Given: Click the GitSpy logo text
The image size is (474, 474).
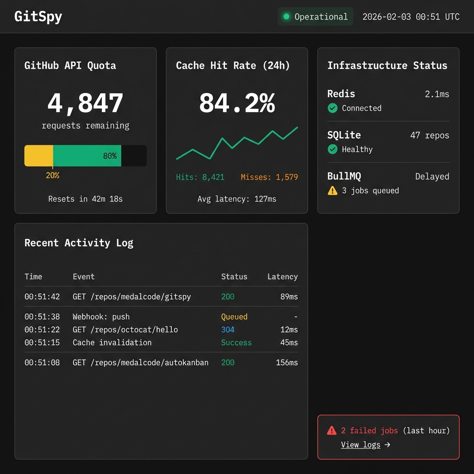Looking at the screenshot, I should (x=38, y=17).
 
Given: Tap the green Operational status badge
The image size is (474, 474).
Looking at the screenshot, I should (x=315, y=17).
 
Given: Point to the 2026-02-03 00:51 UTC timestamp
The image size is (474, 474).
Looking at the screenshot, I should (x=411, y=17).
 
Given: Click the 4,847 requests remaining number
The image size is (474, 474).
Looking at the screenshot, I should (x=85, y=103).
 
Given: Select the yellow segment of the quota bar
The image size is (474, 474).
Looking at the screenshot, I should (x=38, y=156).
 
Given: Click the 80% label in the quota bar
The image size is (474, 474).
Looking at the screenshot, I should (x=110, y=156).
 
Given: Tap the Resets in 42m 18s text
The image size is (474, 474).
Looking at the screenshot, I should (x=85, y=199).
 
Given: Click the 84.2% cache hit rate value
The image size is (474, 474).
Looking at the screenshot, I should (x=237, y=103).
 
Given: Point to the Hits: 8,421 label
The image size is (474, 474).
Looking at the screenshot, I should (x=200, y=177).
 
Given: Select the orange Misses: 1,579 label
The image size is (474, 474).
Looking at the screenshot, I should (x=269, y=177).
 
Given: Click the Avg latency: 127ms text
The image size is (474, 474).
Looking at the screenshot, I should (x=237, y=199).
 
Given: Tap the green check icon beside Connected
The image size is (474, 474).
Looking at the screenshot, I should (x=332, y=108).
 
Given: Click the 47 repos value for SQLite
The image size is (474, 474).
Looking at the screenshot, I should (x=429, y=136).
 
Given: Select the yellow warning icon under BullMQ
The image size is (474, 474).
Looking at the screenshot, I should (x=332, y=191).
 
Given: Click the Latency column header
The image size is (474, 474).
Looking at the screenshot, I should (x=282, y=277).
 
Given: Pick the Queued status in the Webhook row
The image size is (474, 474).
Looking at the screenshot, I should (x=234, y=317).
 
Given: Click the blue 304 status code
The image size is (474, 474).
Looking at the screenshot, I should (x=228, y=330).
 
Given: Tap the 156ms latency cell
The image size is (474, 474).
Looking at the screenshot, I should (x=287, y=362).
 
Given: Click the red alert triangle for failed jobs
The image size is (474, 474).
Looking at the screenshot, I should (x=332, y=430).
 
